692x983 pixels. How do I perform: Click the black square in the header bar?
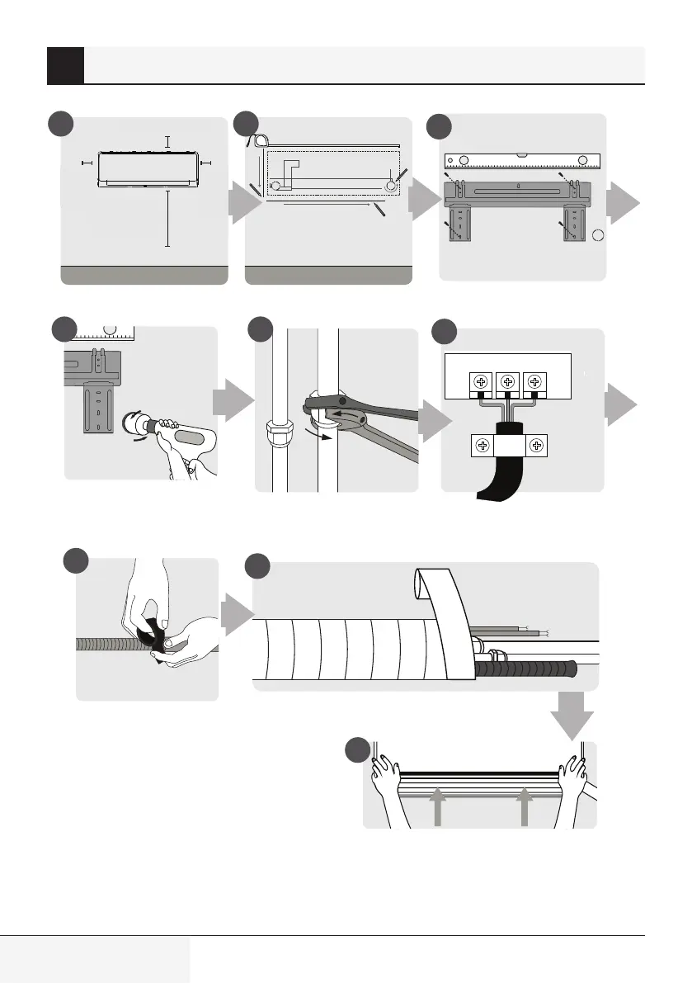65,65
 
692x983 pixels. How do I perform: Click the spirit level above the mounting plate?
523,160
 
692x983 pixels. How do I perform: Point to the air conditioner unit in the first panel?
148,168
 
